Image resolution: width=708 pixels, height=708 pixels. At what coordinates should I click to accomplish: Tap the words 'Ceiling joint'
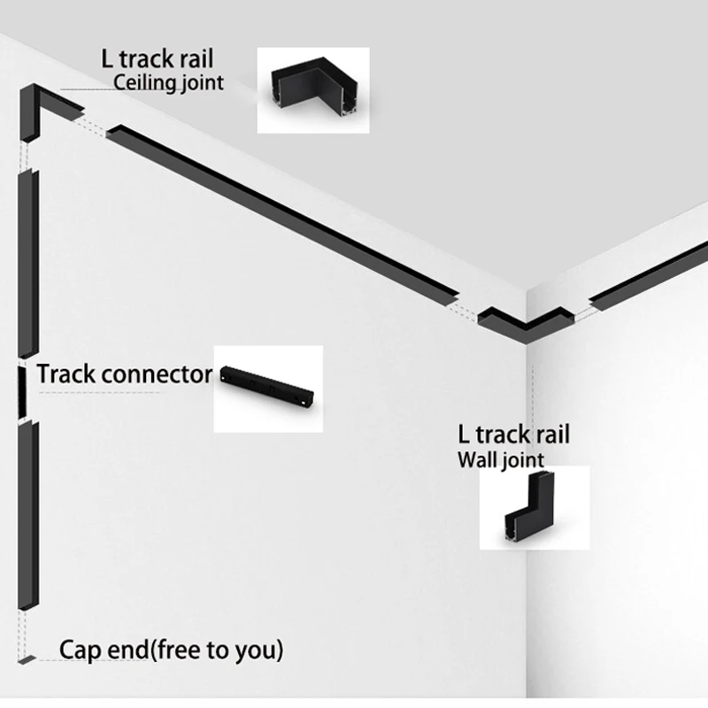tap(169, 84)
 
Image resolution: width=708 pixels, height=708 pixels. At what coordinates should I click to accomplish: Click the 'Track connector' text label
tap(124, 374)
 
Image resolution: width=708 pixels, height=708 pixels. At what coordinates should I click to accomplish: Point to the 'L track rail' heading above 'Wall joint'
tap(513, 435)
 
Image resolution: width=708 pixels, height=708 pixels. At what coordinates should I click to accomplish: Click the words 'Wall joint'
tap(500, 459)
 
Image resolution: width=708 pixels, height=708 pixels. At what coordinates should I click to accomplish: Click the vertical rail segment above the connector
tap(27, 265)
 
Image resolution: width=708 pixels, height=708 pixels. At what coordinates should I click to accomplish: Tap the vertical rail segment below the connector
tap(26, 513)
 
